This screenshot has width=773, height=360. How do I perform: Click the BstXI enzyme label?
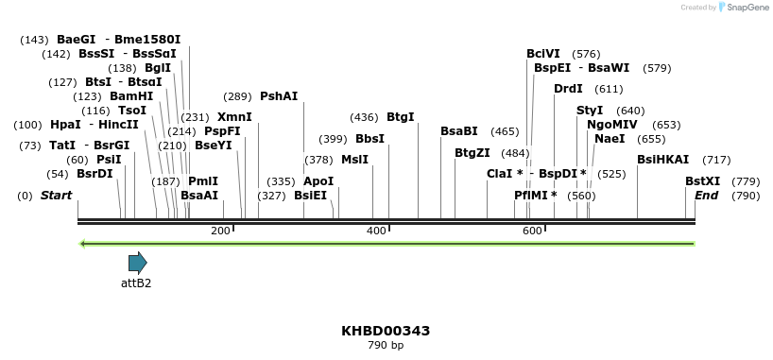tap(702, 180)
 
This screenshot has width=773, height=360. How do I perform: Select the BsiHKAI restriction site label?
tap(662, 159)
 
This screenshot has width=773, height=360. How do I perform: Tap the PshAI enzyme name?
tap(279, 95)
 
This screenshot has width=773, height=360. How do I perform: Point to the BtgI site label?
tap(401, 116)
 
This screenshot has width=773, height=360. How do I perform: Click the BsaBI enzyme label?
tap(459, 130)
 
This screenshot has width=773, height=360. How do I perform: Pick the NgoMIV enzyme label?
tap(611, 124)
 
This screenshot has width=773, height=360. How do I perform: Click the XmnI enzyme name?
tap(234, 116)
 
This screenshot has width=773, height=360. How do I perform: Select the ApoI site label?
tap(318, 180)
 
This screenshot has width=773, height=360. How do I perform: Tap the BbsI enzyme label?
tap(369, 138)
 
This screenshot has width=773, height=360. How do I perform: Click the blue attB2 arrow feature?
tap(138, 263)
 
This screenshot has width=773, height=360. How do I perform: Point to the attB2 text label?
tap(136, 283)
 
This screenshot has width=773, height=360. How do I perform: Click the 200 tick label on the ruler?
tap(220, 231)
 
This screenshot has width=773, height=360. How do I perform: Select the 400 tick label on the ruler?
tap(376, 231)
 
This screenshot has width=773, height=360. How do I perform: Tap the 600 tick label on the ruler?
tap(532, 231)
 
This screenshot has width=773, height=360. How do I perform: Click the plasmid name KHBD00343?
tap(386, 331)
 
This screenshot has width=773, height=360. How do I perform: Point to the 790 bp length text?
tap(386, 346)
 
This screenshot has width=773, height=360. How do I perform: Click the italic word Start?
tap(56, 195)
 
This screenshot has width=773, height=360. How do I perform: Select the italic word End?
tap(706, 195)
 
